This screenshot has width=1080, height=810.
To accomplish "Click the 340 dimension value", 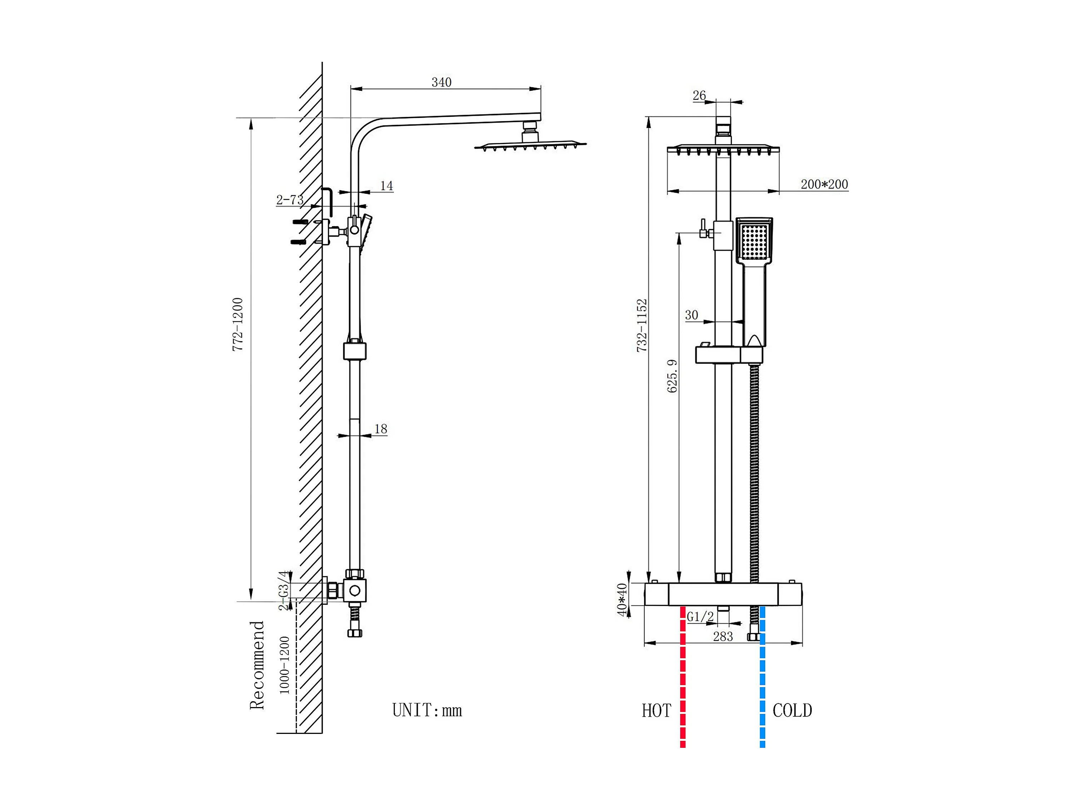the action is [x=441, y=82].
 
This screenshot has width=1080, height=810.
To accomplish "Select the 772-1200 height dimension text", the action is [x=238, y=324].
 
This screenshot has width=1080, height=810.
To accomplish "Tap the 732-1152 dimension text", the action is [x=642, y=325].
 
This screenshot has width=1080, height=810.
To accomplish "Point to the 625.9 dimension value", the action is [x=672, y=376].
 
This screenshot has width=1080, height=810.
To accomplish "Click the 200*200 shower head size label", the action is [x=824, y=184].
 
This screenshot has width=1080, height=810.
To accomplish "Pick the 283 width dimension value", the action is [x=723, y=637].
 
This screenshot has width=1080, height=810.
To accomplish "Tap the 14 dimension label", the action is [x=387, y=186].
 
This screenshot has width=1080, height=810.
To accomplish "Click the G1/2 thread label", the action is [x=700, y=617].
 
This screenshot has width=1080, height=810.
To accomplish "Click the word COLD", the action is [x=792, y=710].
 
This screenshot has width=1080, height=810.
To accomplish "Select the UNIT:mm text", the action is [x=427, y=710].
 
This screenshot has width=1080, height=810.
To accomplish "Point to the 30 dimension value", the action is [x=692, y=315].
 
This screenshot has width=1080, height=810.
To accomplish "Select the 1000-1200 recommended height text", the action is [x=284, y=665].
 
